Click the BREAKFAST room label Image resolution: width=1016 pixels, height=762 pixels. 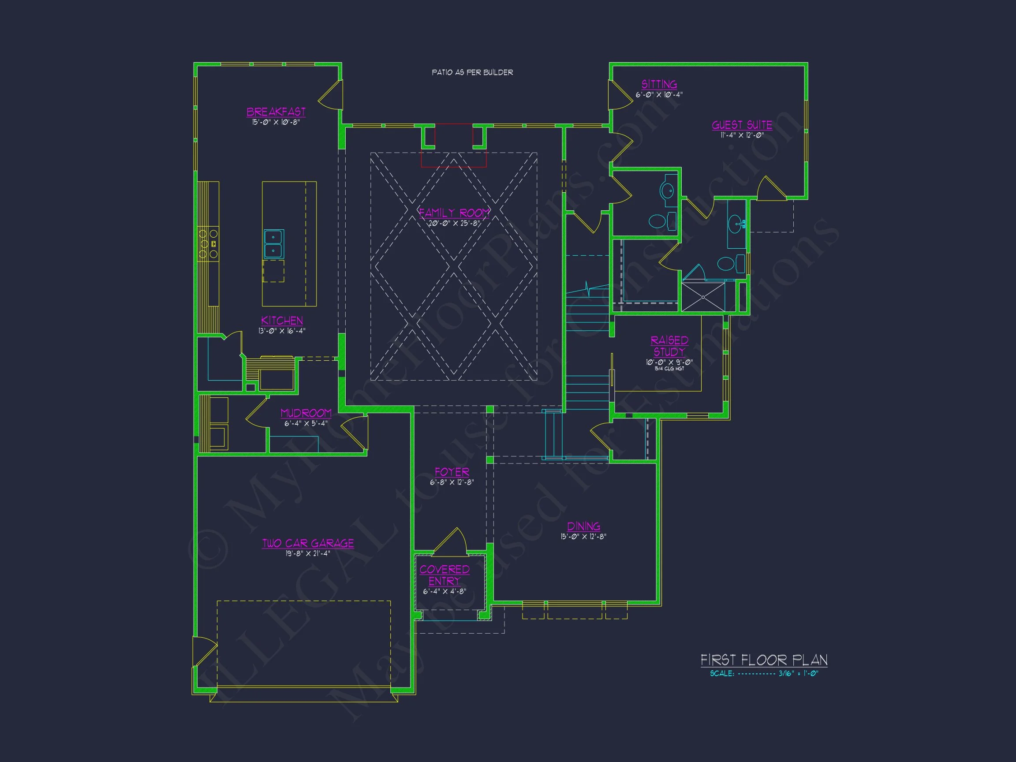(x=276, y=112)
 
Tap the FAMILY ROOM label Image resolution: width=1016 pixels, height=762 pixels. (x=454, y=213)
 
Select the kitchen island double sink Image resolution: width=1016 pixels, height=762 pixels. (x=274, y=244)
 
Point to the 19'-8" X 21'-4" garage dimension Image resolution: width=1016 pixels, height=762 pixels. (x=307, y=553)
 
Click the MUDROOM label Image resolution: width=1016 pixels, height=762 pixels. (x=306, y=413)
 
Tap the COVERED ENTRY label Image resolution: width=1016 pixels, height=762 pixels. (x=444, y=575)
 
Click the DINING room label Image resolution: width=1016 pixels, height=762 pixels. (x=583, y=527)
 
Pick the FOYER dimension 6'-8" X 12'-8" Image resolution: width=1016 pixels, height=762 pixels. (x=452, y=482)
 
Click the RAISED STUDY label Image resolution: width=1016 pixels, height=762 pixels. (x=669, y=346)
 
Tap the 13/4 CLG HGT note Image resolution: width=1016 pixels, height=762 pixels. (x=669, y=369)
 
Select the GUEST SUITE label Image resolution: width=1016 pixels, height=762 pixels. (x=742, y=125)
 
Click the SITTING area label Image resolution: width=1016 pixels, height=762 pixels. (x=659, y=85)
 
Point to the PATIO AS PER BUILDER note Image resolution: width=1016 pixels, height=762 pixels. (x=472, y=73)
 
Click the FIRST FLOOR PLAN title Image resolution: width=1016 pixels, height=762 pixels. (x=763, y=660)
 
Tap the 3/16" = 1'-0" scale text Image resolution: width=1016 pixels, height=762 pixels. (x=798, y=674)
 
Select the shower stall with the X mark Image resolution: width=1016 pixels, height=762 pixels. (x=703, y=297)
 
